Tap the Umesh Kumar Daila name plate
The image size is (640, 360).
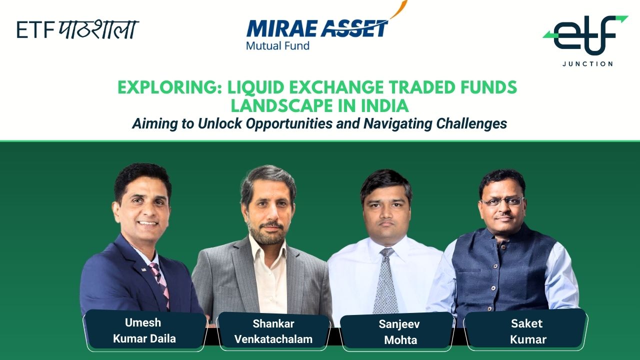point(145,330)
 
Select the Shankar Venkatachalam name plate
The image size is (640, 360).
point(273,331)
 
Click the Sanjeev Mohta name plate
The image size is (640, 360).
point(397,332)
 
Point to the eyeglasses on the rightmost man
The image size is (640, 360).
point(503,201)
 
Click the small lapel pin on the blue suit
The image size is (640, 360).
point(143,269)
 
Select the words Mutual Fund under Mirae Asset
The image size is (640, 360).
point(277,45)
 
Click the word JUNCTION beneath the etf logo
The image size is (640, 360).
point(587,63)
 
